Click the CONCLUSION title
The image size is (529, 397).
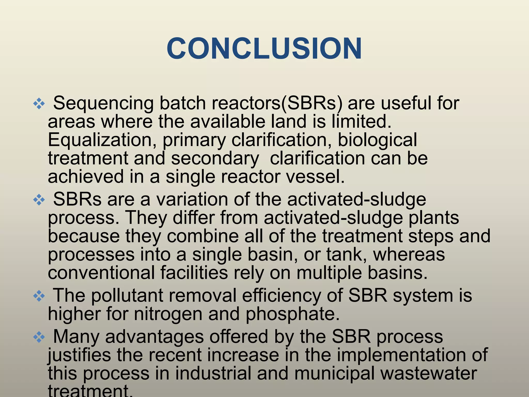coord(264,49)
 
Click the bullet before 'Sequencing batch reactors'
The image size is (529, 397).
coord(39,104)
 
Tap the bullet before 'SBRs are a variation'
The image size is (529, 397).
coord(39,200)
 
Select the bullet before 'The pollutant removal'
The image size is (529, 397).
coord(39,296)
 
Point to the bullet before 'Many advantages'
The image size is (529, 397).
coord(39,337)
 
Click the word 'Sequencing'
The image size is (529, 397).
coord(103,103)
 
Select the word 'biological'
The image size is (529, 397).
coord(377,140)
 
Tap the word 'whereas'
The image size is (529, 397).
coord(409,255)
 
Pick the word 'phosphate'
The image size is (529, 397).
coord(292,314)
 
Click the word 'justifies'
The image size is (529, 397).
coord(79,355)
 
